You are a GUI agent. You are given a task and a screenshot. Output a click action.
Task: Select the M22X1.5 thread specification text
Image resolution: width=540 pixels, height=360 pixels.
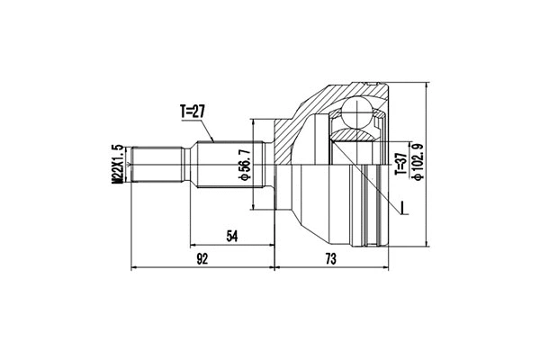click(x=117, y=166)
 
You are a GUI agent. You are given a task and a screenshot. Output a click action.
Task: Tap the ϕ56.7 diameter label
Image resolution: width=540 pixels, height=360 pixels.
click(x=242, y=166)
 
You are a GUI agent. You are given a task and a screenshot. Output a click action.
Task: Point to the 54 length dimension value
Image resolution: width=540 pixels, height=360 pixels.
click(x=231, y=236)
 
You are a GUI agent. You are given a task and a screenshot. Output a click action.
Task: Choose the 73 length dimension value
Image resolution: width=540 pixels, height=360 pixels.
click(x=331, y=260)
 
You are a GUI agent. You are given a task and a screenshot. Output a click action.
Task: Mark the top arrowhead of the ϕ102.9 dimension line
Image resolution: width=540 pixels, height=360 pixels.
click(x=424, y=83)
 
